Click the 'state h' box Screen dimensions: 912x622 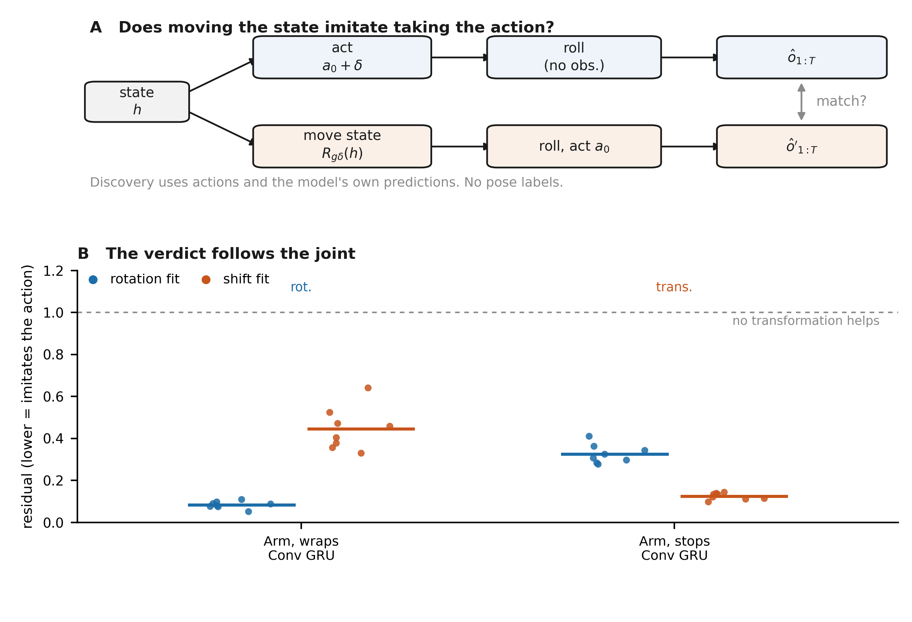pos(137,102)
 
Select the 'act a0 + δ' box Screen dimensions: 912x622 pos(342,57)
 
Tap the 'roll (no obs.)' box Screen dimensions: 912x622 pos(574,57)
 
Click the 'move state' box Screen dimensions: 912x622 pos(342,147)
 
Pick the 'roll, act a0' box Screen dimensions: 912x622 pos(574,147)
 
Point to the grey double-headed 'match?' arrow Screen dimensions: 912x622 pos(802,102)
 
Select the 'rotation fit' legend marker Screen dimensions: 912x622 pos(93,280)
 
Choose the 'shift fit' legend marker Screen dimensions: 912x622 pos(206,280)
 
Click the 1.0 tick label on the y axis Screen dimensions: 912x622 pos(53,313)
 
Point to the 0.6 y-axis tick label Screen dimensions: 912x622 pos(53,397)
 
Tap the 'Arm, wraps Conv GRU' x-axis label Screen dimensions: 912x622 pos(301,548)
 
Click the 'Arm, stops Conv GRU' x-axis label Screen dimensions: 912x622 pos(675,548)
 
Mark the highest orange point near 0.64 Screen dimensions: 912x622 pos(368,388)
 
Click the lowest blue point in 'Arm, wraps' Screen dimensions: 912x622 pos(248,512)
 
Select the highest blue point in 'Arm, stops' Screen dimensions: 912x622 pos(589,436)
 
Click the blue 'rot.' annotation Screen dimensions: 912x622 pos(301,287)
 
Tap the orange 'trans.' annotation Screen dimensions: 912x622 pos(674,287)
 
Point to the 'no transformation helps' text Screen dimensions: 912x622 pos(806,321)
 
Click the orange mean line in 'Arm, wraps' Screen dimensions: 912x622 pos(361,429)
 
